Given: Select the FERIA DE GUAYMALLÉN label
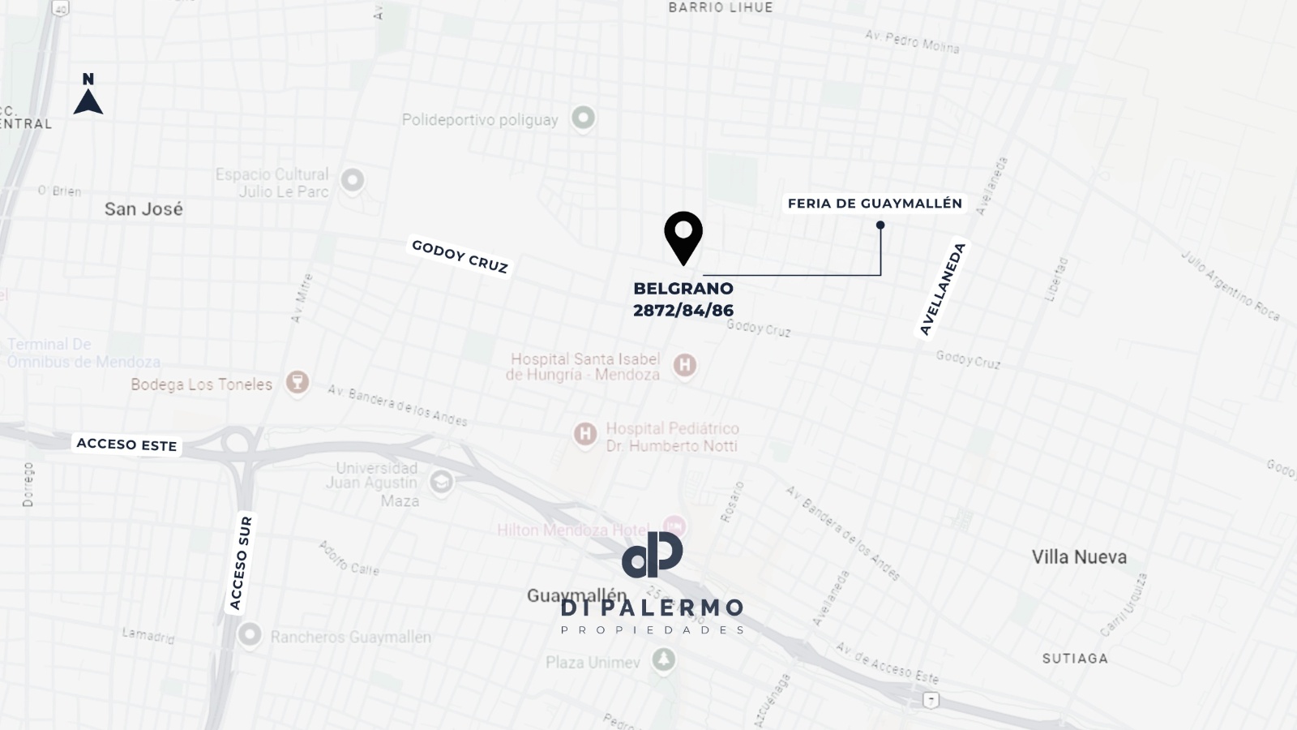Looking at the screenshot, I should pyautogui.click(x=875, y=204).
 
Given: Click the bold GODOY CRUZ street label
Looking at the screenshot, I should pyautogui.click(x=460, y=256).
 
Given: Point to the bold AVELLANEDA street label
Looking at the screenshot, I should pyautogui.click(x=943, y=289).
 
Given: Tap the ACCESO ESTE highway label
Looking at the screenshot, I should pyautogui.click(x=126, y=444).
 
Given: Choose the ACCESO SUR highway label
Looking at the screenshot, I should pyautogui.click(x=241, y=563).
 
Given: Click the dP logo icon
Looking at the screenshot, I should pyautogui.click(x=653, y=555).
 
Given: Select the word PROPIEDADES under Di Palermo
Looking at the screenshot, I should pyautogui.click(x=653, y=630).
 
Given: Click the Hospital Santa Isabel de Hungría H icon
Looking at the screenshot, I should pyautogui.click(x=685, y=365).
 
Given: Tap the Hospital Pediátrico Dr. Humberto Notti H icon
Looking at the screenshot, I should pyautogui.click(x=584, y=434).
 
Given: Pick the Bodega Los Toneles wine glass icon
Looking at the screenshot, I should pyautogui.click(x=297, y=382).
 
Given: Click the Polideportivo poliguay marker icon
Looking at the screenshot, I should pyautogui.click(x=583, y=118).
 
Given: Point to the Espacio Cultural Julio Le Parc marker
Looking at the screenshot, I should pyautogui.click(x=352, y=180).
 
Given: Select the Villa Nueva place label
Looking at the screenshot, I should pyautogui.click(x=1079, y=557).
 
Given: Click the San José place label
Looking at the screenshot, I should pyautogui.click(x=143, y=209).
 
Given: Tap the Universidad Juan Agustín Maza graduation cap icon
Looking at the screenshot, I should pyautogui.click(x=441, y=483).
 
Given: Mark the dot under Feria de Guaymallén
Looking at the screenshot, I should pyautogui.click(x=880, y=225).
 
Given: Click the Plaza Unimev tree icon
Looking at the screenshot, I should pyautogui.click(x=664, y=659).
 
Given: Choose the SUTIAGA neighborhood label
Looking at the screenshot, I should pyautogui.click(x=1075, y=659).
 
